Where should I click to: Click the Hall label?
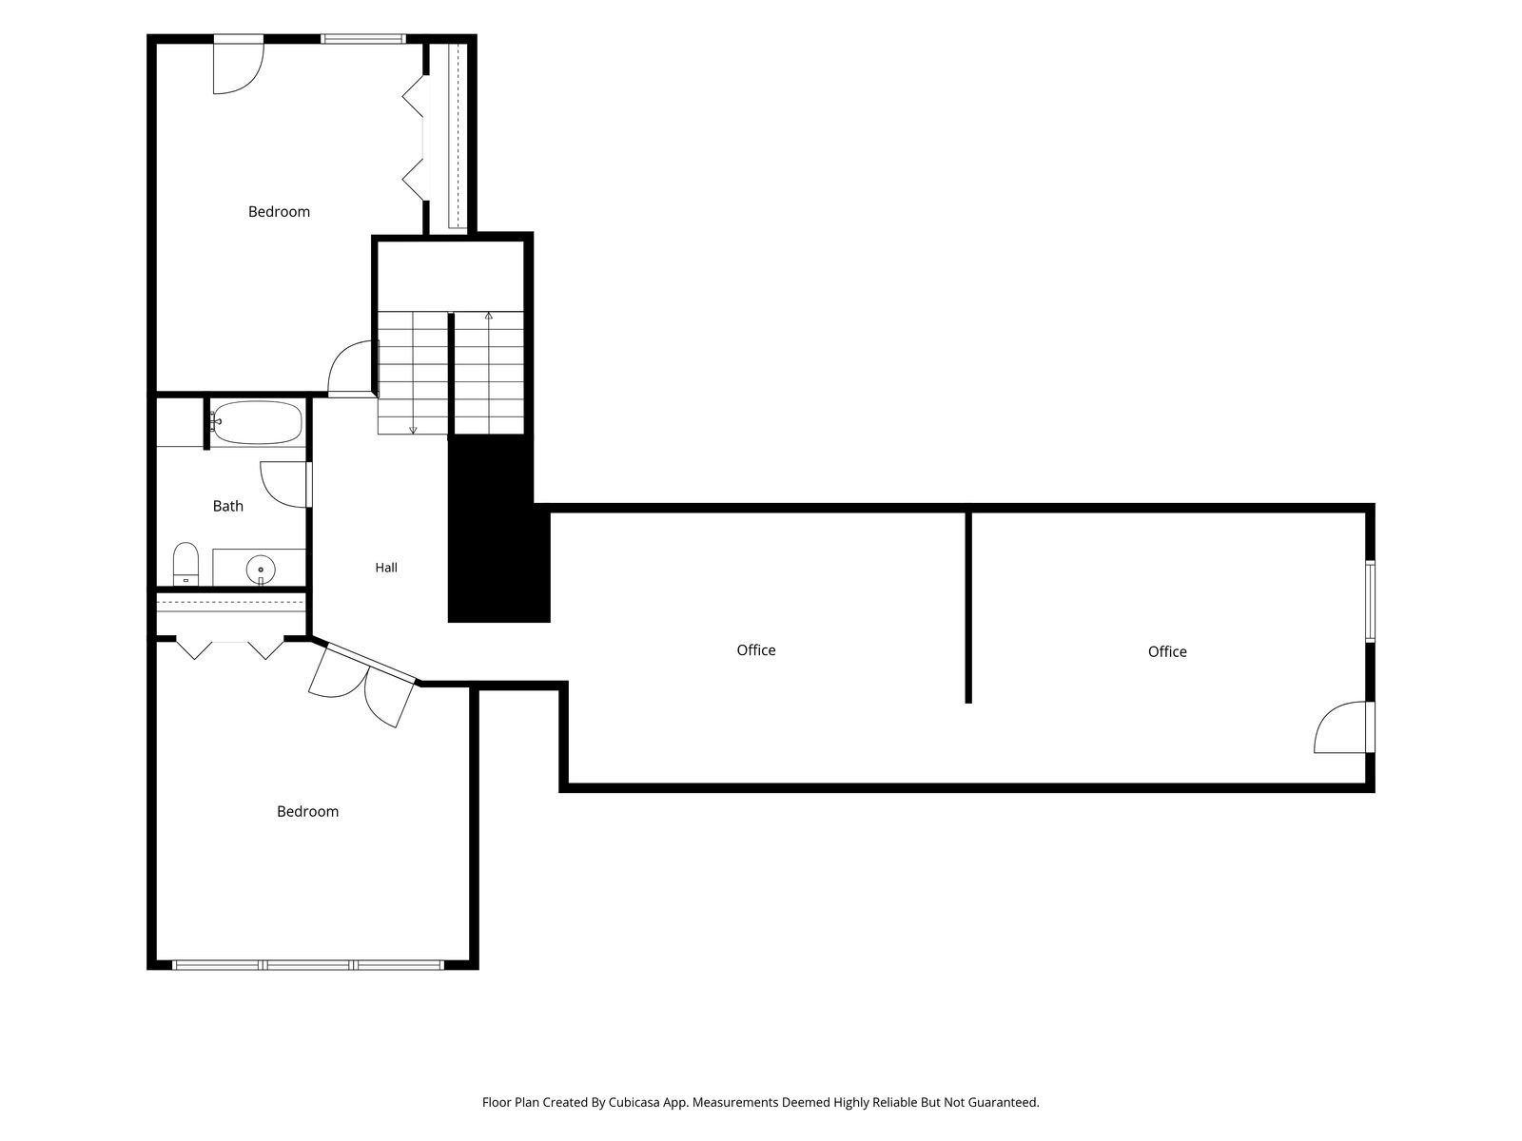coord(386,568)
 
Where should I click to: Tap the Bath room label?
coord(228,507)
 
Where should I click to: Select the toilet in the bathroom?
coord(185,564)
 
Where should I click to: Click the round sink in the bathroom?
coord(261,570)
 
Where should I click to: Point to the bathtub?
coord(257,422)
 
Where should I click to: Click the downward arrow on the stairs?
coord(413,373)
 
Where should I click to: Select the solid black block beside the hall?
coord(499,530)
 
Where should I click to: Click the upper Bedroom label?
coord(279,212)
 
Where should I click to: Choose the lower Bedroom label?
coord(308,811)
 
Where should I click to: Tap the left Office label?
coord(756,649)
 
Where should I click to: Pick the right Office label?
coord(1167,651)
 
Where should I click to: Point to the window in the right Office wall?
coord(1370,601)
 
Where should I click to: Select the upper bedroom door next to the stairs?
coord(351,369)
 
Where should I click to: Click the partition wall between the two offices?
coord(968,608)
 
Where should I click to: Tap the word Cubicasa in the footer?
coord(634,1102)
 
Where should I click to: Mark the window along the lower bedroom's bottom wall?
coord(308,964)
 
